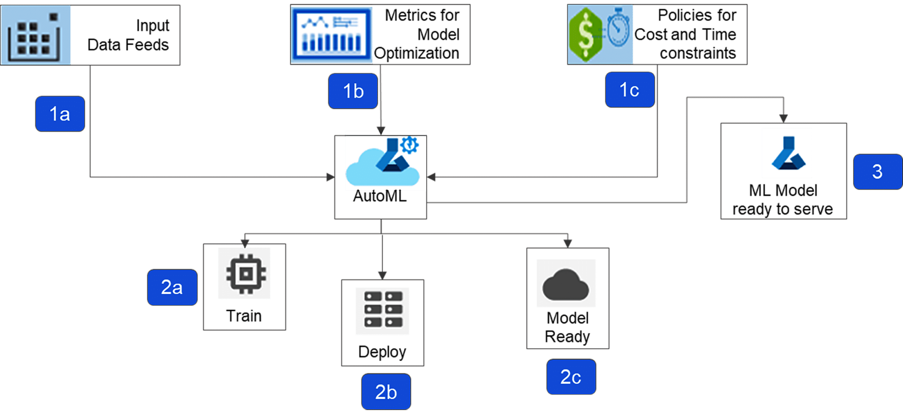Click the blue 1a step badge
(x=60, y=114)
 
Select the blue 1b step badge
(x=353, y=91)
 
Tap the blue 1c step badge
(x=630, y=89)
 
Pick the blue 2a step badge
(x=172, y=287)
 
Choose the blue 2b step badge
(x=386, y=392)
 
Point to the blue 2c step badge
(x=571, y=377)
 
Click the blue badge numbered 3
(x=877, y=172)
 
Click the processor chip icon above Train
(x=244, y=273)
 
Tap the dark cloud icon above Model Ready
(x=566, y=284)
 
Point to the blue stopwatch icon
(x=618, y=30)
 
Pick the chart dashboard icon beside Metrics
(x=332, y=35)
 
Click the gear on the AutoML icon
(x=410, y=144)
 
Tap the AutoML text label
(x=380, y=197)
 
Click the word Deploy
(x=382, y=352)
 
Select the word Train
(x=244, y=316)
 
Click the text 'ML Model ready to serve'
(x=783, y=200)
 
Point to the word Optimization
(x=417, y=54)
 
